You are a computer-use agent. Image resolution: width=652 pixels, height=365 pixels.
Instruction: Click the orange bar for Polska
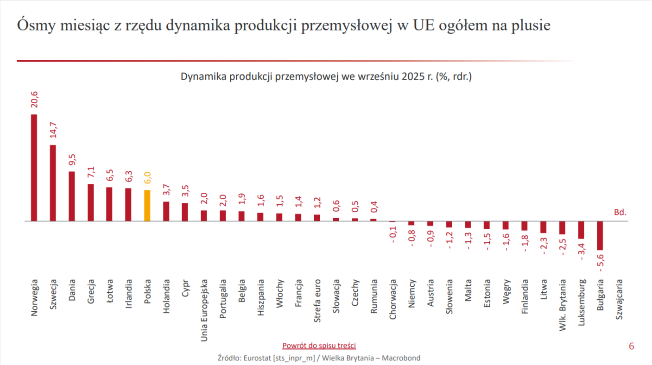[147, 206]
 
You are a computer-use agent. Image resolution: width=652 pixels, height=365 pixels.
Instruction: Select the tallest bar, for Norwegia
[34, 168]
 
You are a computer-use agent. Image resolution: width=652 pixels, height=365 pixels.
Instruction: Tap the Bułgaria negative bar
[600, 235]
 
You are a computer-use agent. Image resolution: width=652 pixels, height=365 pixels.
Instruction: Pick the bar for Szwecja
[53, 183]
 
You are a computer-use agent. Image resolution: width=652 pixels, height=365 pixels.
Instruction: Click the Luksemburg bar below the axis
[581, 230]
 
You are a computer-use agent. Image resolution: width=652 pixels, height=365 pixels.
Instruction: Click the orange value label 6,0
[147, 178]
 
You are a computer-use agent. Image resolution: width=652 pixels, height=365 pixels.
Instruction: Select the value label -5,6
[601, 263]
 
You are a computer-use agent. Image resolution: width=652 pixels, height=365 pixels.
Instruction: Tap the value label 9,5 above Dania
[72, 160]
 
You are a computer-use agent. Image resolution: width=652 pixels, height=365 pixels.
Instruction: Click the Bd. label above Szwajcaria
[620, 212]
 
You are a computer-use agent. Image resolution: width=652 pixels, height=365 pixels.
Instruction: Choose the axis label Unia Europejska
[204, 310]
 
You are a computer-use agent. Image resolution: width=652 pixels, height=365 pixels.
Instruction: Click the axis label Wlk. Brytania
[562, 304]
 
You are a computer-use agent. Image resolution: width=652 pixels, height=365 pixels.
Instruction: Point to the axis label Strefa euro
[317, 301]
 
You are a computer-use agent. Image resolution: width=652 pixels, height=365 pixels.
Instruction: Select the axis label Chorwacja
[393, 299]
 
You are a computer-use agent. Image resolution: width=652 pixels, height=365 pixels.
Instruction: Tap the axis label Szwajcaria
[619, 299]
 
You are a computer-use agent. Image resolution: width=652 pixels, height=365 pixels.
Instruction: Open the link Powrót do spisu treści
[319, 346]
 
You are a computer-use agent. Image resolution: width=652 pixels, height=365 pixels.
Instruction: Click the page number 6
[631, 346]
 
